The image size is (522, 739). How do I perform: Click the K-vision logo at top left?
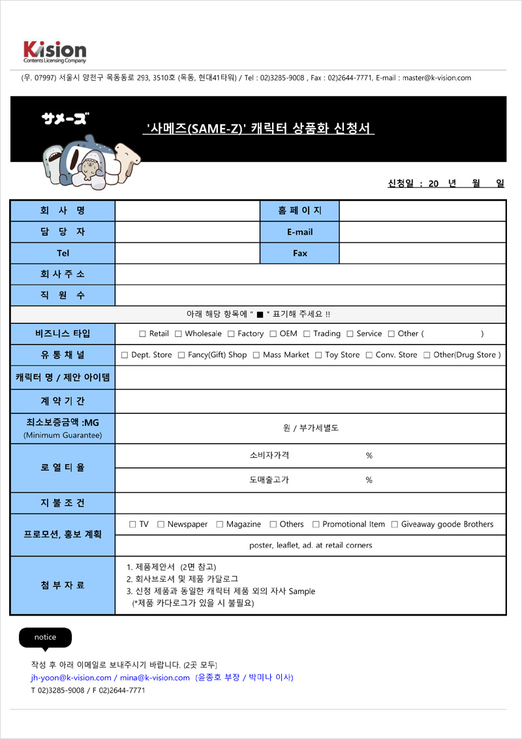(54, 51)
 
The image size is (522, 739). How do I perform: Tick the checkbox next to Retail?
(142, 334)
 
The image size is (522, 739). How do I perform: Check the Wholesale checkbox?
(178, 334)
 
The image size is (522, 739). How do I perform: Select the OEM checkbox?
(273, 334)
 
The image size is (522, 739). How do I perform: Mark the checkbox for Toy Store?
(318, 355)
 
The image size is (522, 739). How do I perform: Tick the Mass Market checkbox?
(256, 355)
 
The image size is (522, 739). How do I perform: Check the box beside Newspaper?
(161, 524)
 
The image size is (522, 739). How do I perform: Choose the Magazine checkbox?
(219, 524)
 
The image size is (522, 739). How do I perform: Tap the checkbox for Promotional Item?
(316, 524)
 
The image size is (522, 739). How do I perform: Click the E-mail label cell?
(299, 232)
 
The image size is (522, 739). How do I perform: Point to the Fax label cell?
(299, 253)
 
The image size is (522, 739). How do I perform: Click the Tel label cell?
(63, 253)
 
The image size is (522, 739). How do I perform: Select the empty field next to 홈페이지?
(422, 211)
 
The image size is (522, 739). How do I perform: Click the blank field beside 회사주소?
(310, 274)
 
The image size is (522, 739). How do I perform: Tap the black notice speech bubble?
(45, 637)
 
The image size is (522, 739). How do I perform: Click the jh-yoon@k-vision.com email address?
(67, 678)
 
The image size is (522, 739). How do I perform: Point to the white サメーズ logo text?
(65, 118)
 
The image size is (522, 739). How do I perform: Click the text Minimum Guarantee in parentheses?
(63, 435)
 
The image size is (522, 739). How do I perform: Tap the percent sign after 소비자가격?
(369, 456)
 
